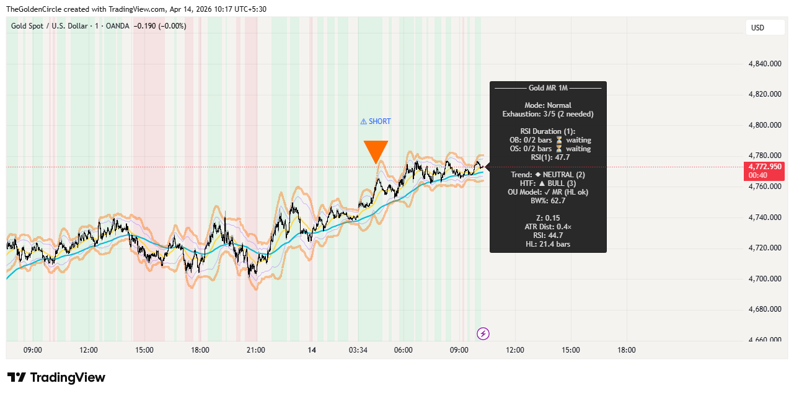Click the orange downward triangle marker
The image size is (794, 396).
pyautogui.click(x=376, y=151)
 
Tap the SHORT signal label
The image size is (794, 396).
pyautogui.click(x=376, y=121)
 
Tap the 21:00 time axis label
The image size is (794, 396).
pyautogui.click(x=255, y=350)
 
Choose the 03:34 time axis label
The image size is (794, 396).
pyautogui.click(x=358, y=350)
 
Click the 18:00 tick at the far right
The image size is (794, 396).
pyautogui.click(x=627, y=350)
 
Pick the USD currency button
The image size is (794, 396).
pyautogui.click(x=757, y=27)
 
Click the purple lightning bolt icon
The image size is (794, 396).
pyautogui.click(x=483, y=334)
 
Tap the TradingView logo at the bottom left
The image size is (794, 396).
pyautogui.click(x=56, y=377)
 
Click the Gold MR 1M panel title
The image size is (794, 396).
pyautogui.click(x=548, y=89)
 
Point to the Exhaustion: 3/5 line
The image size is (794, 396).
pyautogui.click(x=548, y=114)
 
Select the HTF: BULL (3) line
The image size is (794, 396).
pyautogui.click(x=548, y=183)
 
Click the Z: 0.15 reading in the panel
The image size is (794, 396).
pyautogui.click(x=548, y=218)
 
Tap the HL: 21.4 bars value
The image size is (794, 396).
pyautogui.click(x=548, y=244)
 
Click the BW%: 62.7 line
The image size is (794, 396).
pyautogui.click(x=548, y=201)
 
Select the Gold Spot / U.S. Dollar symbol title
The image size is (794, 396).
pyautogui.click(x=50, y=26)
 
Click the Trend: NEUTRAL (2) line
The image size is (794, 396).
pyautogui.click(x=548, y=175)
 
